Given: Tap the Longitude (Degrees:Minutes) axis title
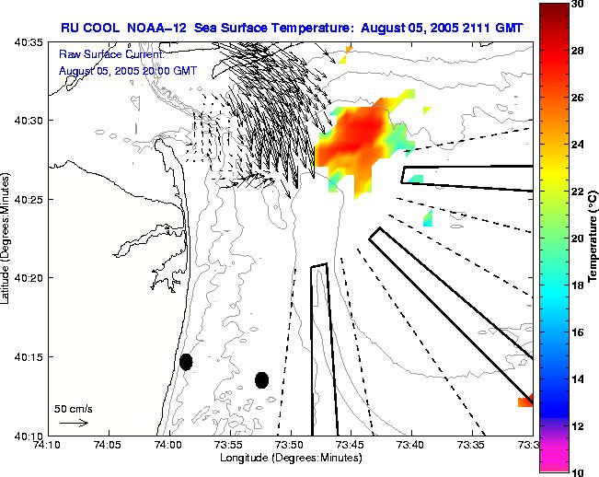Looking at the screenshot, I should click(289, 458).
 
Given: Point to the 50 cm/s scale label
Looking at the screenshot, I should click(72, 407).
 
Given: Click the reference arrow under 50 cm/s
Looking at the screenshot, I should click(73, 423).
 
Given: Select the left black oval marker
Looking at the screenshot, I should click(186, 362).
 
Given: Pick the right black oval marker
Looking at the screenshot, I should click(261, 379).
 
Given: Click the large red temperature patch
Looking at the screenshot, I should click(354, 140).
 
